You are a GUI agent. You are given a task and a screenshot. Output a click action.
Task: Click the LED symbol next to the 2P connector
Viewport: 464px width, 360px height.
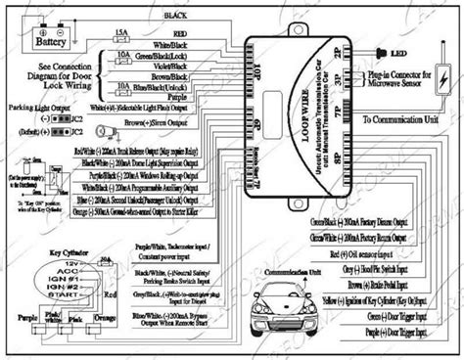tap(375, 50)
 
